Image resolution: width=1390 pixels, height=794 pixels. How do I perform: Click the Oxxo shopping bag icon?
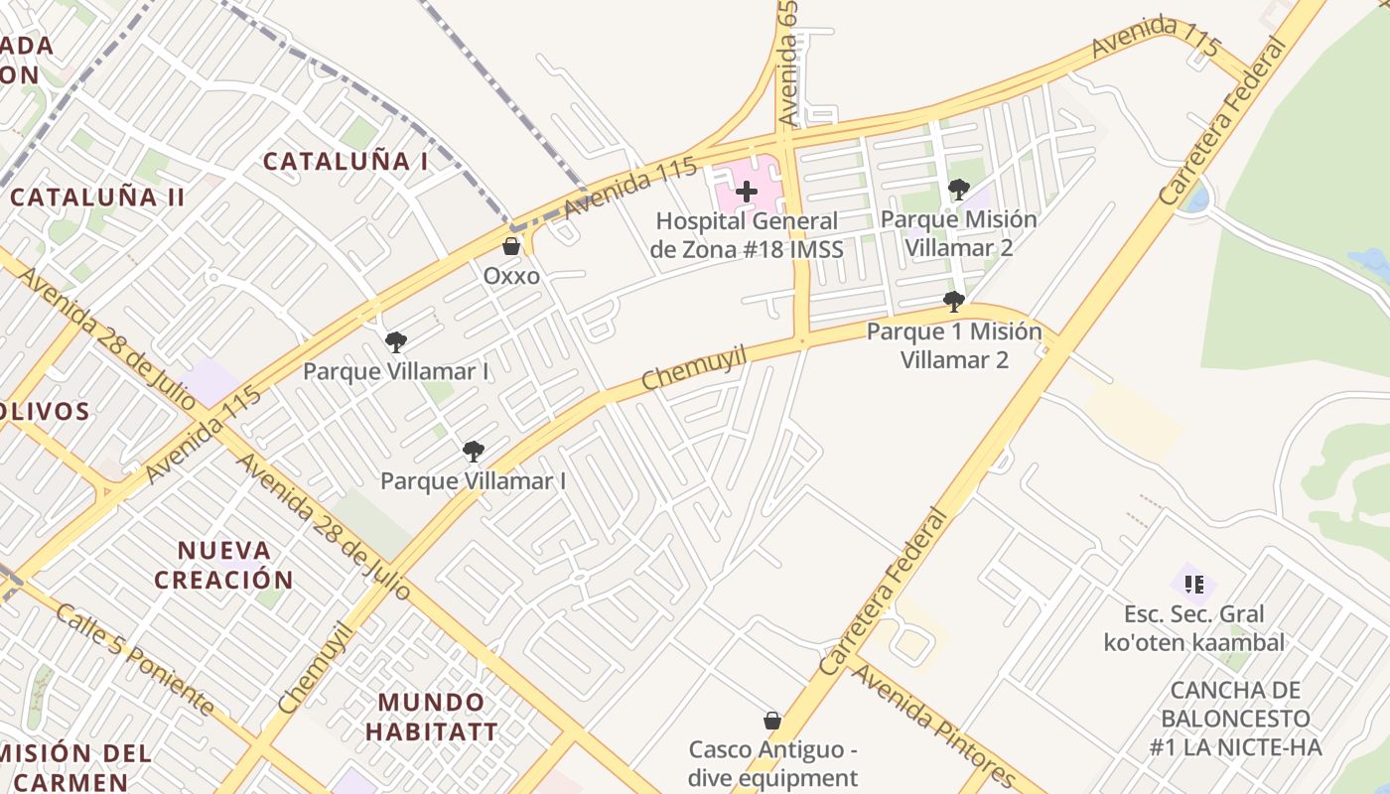[x=511, y=246]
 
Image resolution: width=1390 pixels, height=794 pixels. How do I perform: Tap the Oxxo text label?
[x=511, y=275]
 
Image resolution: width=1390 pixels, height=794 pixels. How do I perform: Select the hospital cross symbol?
[x=747, y=191]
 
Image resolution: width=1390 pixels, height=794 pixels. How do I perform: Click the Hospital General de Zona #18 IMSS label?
[x=747, y=235]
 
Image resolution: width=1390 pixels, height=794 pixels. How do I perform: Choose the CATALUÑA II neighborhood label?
[x=97, y=197]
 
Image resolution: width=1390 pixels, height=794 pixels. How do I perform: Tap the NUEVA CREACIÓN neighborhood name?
[x=224, y=565]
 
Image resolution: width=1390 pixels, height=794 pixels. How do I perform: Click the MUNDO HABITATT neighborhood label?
[x=431, y=718]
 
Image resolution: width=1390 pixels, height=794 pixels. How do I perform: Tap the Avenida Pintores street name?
[x=932, y=727]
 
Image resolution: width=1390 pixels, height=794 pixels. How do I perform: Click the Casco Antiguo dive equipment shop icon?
[x=771, y=721]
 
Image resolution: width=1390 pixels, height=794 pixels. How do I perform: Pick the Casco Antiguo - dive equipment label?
[x=773, y=763]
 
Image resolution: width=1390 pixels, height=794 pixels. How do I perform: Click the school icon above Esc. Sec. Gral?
[x=1193, y=585]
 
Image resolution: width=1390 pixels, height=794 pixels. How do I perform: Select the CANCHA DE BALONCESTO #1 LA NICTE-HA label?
[x=1236, y=719]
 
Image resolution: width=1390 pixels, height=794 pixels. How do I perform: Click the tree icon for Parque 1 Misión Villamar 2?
[x=954, y=301]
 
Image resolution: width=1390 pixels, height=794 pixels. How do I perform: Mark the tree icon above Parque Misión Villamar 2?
[x=958, y=189]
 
